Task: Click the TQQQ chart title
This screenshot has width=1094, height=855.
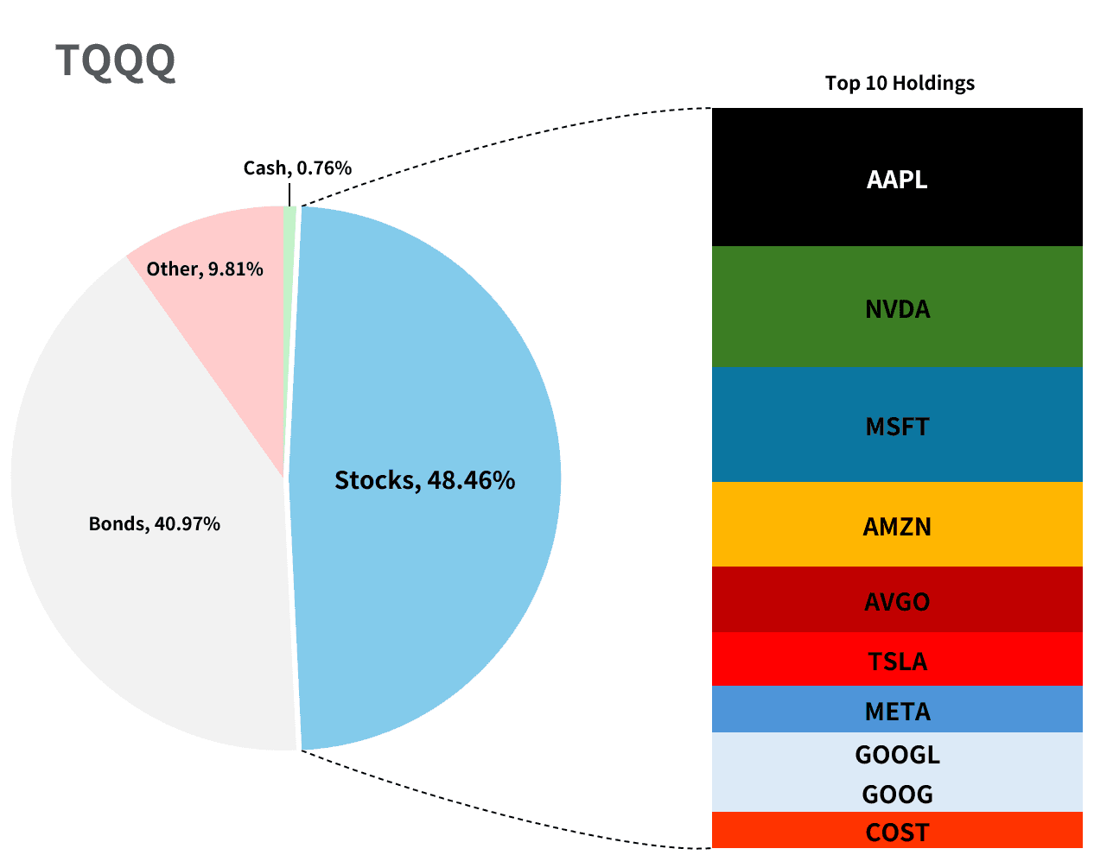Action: coord(116,61)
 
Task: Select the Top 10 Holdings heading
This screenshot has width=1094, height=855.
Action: coord(900,83)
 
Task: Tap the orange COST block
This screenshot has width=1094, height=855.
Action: coord(897,832)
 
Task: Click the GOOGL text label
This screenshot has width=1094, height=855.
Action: coord(897,755)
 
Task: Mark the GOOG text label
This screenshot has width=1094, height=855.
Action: coord(897,794)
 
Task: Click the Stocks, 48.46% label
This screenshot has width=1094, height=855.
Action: coord(424,479)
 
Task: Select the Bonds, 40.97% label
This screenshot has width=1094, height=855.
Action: coord(155,523)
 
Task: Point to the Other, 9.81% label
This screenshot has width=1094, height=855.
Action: coord(205,269)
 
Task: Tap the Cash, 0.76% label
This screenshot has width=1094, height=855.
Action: coord(297,168)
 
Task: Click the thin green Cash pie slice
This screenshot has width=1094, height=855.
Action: coord(289,259)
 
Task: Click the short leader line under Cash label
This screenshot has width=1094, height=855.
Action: coord(289,194)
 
